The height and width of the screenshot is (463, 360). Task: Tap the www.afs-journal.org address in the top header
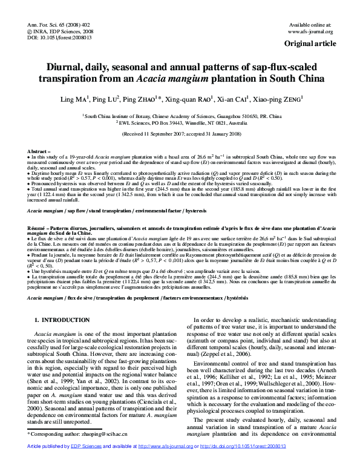[310, 31]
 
